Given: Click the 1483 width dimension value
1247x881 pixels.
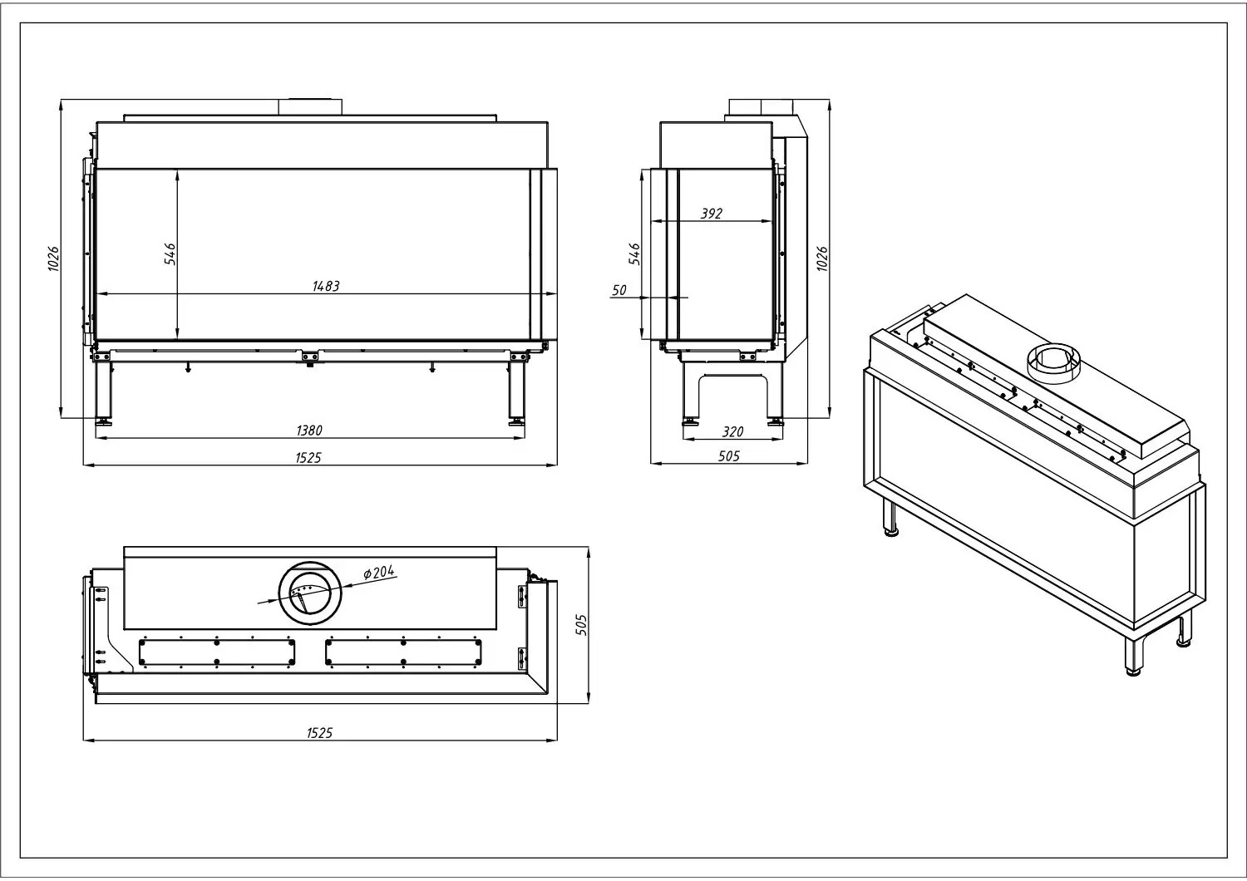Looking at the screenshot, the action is (326, 286).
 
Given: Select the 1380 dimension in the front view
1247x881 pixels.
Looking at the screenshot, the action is (309, 431).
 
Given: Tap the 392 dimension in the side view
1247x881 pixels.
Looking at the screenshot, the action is (712, 213).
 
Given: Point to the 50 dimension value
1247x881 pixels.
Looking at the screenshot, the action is (619, 290).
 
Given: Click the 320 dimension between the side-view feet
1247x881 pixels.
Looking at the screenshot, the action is (732, 431).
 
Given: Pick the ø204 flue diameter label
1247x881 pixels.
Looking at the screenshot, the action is (378, 572).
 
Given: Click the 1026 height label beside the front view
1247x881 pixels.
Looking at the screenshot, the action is (53, 258).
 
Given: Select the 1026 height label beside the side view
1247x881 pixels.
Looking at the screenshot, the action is (821, 258).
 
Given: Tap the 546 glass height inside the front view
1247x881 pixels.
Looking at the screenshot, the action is (170, 253).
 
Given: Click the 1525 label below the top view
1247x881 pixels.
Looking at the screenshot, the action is (319, 733).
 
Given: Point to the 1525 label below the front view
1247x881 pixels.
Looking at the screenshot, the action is (308, 457).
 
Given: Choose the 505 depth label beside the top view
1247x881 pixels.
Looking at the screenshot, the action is (580, 625).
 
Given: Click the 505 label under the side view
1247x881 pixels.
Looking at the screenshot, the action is (729, 456).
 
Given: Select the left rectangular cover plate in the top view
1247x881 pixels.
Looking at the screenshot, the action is (216, 652).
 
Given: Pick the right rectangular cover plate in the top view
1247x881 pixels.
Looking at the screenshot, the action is (403, 652).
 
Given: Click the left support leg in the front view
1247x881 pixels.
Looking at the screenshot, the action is (104, 393).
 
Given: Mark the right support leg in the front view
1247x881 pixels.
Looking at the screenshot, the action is (516, 393).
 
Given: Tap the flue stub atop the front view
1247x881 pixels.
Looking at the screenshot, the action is (310, 107).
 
